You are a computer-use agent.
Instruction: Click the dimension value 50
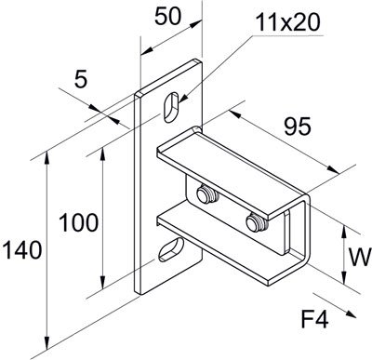[167, 17]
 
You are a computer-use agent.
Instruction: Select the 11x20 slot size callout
[288, 22]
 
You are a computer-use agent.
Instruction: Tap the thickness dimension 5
[81, 80]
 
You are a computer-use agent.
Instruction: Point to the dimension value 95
[298, 127]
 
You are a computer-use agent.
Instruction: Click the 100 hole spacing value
[79, 222]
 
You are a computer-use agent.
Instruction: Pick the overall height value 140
[22, 250]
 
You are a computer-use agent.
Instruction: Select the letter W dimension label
[360, 257]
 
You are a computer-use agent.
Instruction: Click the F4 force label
[315, 320]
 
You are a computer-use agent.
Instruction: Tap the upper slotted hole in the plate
[171, 107]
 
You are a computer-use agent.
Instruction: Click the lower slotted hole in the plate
[171, 248]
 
